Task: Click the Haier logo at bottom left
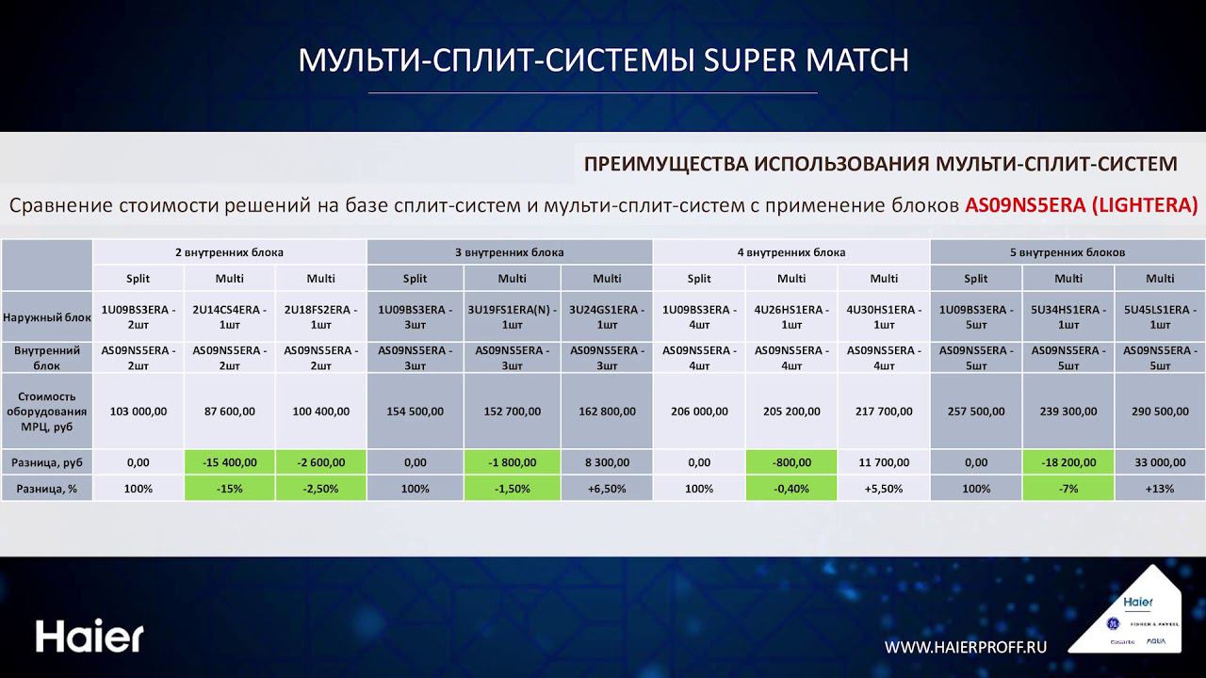click(x=90, y=637)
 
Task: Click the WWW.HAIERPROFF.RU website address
click(x=966, y=646)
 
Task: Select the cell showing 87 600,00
click(x=229, y=412)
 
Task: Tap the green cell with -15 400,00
click(x=229, y=462)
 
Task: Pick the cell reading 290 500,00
click(x=1160, y=412)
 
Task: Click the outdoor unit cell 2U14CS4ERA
click(x=229, y=317)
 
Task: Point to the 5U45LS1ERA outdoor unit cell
click(x=1160, y=317)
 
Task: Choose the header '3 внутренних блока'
click(x=509, y=252)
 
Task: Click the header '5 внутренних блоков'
click(x=1067, y=252)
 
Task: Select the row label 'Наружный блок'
click(x=46, y=317)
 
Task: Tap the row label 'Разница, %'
click(x=46, y=489)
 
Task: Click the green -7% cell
click(x=1067, y=489)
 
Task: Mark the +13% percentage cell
click(x=1160, y=489)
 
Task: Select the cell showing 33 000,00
click(x=1160, y=462)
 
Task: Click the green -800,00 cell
click(x=791, y=462)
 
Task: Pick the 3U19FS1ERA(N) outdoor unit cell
click(x=512, y=317)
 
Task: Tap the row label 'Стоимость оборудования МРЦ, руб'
click(x=46, y=412)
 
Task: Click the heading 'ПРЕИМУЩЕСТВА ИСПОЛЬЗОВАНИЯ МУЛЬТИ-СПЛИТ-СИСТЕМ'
click(x=880, y=164)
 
